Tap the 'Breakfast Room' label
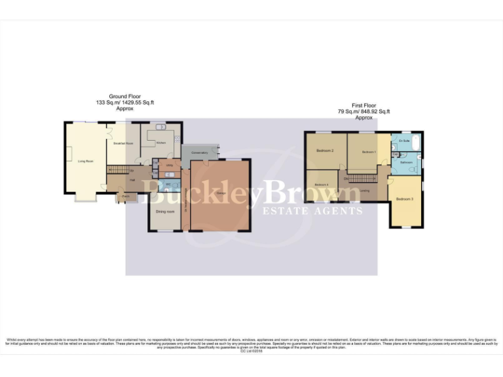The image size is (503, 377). tap(123, 143)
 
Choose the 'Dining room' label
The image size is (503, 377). tap(165, 211)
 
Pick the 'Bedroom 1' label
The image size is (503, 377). tap(369, 151)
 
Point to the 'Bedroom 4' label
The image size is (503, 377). tap(321, 185)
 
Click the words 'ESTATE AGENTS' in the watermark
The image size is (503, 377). tap(312, 211)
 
